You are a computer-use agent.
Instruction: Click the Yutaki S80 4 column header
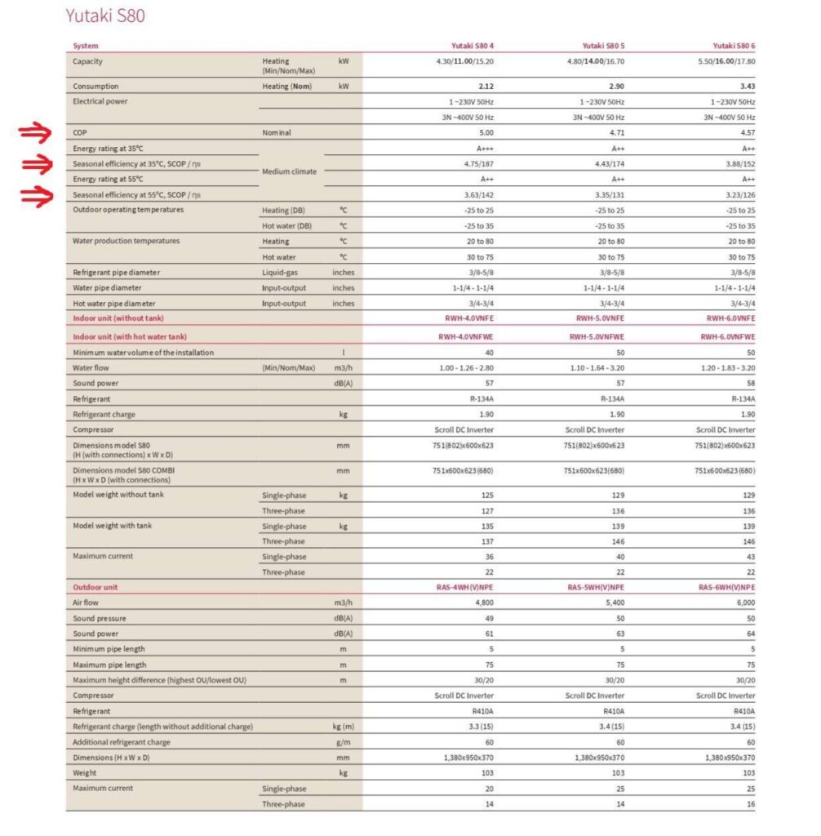pos(473,46)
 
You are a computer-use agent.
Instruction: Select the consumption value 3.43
pos(746,86)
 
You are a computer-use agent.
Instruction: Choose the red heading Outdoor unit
pos(95,587)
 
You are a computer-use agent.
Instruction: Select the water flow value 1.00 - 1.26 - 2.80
pos(463,367)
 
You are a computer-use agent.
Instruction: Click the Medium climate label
pos(291,171)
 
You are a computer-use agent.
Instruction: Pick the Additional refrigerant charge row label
pos(122,742)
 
